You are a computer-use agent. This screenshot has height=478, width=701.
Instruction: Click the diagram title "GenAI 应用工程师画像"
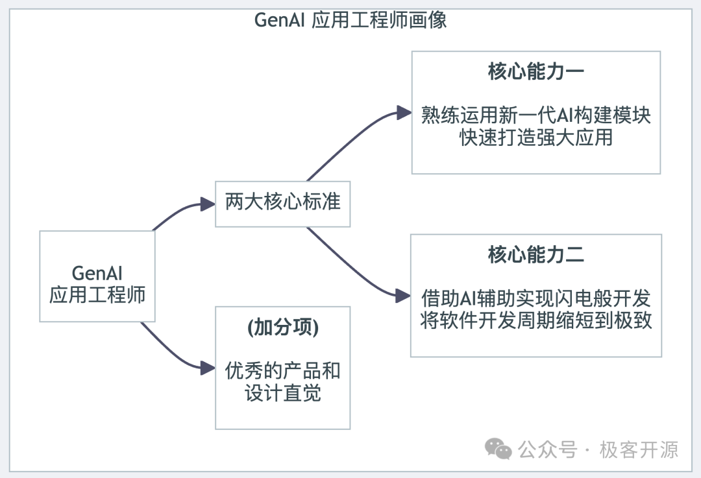click(x=350, y=20)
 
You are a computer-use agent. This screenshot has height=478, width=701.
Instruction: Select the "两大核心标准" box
click(x=282, y=202)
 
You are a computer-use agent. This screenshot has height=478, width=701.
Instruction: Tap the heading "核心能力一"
click(x=535, y=71)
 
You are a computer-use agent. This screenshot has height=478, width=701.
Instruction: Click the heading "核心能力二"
click(x=535, y=255)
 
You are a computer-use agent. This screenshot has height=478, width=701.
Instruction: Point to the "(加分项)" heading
click(x=282, y=328)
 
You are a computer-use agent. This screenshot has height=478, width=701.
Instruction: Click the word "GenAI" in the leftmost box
click(x=97, y=272)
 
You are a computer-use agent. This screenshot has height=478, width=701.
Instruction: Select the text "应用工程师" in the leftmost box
click(x=97, y=296)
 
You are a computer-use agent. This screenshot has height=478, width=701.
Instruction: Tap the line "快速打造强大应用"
click(x=535, y=138)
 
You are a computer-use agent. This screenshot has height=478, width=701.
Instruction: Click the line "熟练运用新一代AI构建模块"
click(x=535, y=116)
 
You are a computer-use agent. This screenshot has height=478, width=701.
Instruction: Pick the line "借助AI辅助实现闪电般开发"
click(x=535, y=299)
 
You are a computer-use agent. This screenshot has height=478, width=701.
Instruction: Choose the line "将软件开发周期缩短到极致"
click(x=535, y=321)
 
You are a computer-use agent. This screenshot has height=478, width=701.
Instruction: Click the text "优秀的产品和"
click(x=282, y=371)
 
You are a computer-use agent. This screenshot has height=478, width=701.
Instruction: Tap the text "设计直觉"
click(x=282, y=394)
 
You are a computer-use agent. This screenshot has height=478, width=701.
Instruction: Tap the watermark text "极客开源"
click(x=639, y=449)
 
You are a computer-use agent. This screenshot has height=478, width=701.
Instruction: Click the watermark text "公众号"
click(x=547, y=449)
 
